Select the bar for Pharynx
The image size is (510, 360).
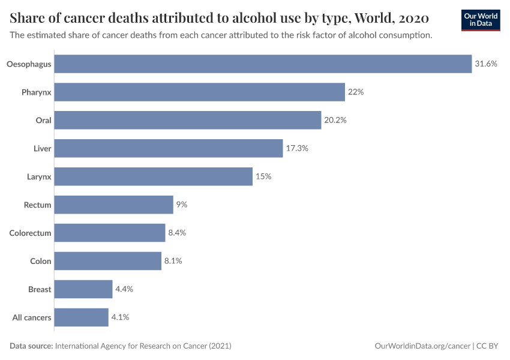point(199,92)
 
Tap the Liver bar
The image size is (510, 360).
point(169,148)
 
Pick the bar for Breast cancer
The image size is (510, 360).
point(83,289)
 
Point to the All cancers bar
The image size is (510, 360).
point(82,317)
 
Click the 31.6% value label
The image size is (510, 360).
point(486,64)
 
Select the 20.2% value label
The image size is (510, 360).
point(335,120)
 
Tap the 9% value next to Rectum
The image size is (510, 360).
point(182,205)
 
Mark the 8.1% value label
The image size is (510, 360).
point(173,261)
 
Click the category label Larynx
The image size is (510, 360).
point(39,176)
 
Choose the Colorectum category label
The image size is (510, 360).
point(30,233)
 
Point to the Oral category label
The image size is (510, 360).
point(43,120)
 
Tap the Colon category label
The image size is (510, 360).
point(41,261)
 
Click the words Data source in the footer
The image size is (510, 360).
point(31,346)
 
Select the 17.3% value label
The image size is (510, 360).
point(297,148)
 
